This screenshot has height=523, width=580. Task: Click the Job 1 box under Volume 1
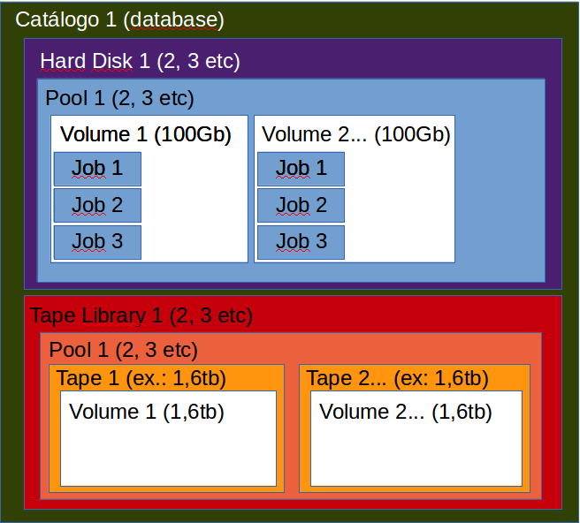tap(97, 169)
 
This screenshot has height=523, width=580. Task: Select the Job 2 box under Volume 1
tap(97, 206)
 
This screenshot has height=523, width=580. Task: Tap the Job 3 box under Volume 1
tap(97, 241)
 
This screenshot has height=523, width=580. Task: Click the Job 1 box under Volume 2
tap(301, 169)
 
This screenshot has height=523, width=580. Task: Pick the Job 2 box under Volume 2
tap(301, 206)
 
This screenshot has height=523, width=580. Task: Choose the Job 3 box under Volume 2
tap(301, 241)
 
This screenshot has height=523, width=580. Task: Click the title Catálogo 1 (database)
tap(120, 19)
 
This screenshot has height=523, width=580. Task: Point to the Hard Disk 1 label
tap(140, 62)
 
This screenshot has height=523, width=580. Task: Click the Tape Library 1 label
tap(141, 315)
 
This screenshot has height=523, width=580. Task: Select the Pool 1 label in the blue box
tap(119, 98)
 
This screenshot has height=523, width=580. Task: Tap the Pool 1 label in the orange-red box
tap(123, 349)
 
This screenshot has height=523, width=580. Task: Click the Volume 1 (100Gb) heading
tap(146, 135)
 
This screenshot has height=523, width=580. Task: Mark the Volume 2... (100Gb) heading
tap(356, 135)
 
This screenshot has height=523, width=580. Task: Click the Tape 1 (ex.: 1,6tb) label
tap(141, 379)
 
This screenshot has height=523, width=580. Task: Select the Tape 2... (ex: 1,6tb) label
tap(397, 379)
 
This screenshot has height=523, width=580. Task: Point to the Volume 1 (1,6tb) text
tap(146, 412)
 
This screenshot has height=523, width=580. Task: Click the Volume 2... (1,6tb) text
tap(405, 412)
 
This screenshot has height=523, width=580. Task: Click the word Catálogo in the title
tap(57, 19)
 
